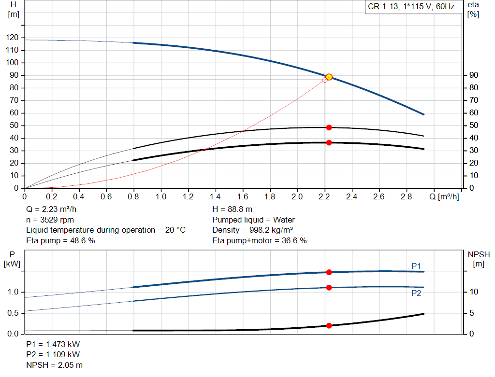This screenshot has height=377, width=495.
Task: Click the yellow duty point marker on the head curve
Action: tap(329, 77)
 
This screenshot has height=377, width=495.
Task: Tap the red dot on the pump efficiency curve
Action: tap(329, 127)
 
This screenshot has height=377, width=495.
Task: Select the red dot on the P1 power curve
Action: tap(329, 272)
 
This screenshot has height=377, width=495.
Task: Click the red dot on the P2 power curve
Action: tap(329, 288)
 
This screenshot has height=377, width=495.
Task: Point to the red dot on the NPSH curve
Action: tap(329, 326)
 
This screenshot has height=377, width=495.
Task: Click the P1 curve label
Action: tap(416, 266)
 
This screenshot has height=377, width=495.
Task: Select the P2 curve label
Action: tap(416, 293)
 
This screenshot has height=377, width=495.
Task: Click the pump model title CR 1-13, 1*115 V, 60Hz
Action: tap(411, 7)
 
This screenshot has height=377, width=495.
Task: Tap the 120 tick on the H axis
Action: tap(12, 38)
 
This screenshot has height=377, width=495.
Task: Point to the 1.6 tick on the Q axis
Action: tap(243, 196)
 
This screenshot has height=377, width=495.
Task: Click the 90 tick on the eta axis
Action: tap(474, 75)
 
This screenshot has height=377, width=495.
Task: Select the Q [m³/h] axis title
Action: tap(444, 196)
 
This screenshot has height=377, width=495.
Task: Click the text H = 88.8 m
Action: tap(233, 209)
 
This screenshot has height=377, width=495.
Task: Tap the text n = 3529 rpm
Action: tap(50, 220)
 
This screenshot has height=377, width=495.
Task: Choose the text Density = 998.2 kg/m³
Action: tap(252, 230)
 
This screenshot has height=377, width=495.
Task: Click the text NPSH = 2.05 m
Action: tap(54, 365)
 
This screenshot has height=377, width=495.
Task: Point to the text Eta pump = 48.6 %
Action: tap(60, 240)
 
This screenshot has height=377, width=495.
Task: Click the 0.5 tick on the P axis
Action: tap(13, 313)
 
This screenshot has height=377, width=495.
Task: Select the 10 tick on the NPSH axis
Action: tap(474, 292)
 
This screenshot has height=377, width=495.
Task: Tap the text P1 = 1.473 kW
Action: tap(53, 344)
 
